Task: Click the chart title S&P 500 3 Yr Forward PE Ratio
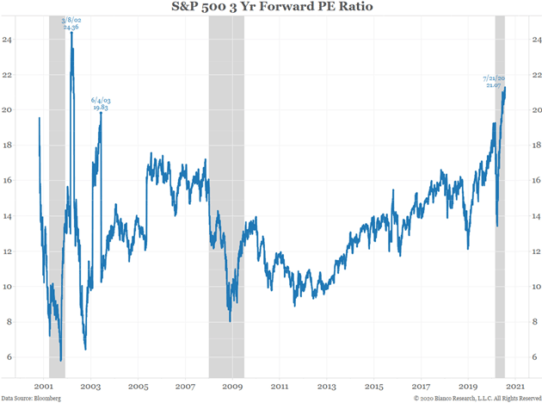pos(271,9)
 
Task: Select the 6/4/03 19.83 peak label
pos(101,104)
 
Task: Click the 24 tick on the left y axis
pos(9,40)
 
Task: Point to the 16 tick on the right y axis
pos(536,181)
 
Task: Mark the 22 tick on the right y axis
pos(536,75)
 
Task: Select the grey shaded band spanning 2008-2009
pos(226,198)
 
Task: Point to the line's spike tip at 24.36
pos(71,34)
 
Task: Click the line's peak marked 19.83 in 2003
pos(101,113)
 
